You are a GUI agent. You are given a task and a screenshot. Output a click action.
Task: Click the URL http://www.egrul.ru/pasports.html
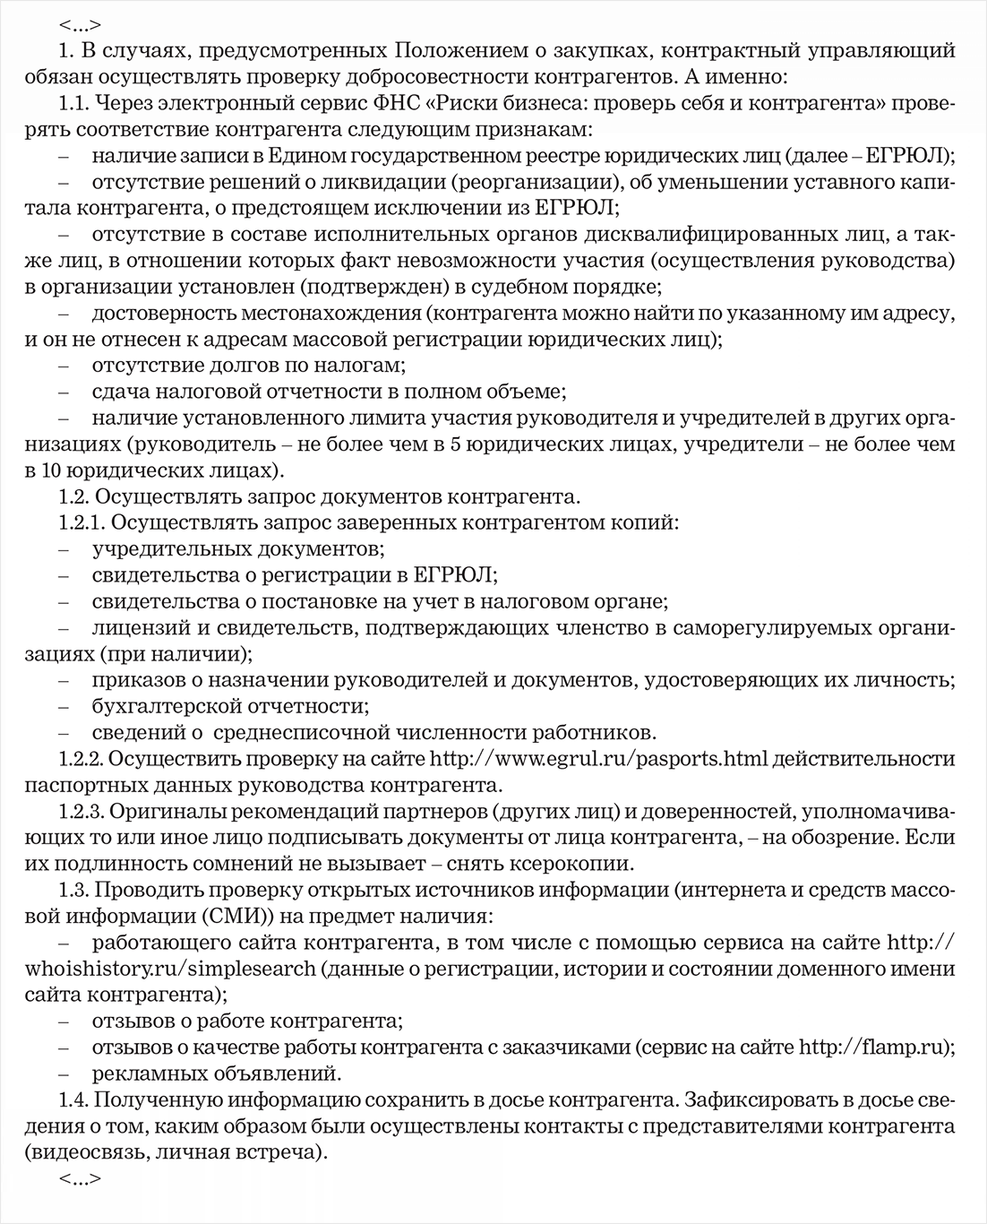coord(599,760)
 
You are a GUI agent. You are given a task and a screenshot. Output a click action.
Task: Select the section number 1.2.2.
coord(82,760)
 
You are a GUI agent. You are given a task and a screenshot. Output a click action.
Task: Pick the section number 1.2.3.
coord(82,813)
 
